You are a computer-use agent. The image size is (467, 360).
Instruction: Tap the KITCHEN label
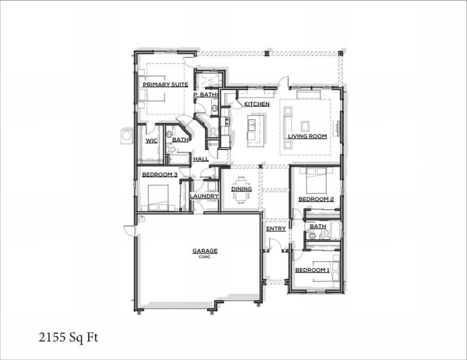(257, 104)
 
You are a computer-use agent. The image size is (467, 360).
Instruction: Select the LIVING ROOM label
(307, 136)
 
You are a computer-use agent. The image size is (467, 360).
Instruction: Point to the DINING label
(241, 189)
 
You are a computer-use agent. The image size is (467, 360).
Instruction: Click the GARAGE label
(205, 251)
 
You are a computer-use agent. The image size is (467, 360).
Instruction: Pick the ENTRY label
(276, 228)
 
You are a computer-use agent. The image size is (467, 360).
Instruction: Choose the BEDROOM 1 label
(312, 270)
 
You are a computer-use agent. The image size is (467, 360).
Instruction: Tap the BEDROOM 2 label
(316, 199)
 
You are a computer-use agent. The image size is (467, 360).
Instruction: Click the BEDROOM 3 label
(160, 175)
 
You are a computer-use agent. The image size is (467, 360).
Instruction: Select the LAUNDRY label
(204, 196)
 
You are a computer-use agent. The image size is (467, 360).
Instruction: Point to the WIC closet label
(151, 140)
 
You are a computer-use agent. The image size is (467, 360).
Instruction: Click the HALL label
(201, 159)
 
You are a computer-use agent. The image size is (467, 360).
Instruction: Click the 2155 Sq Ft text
(69, 338)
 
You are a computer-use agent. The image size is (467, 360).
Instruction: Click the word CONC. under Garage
(205, 257)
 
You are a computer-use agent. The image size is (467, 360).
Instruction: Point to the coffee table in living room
(305, 126)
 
